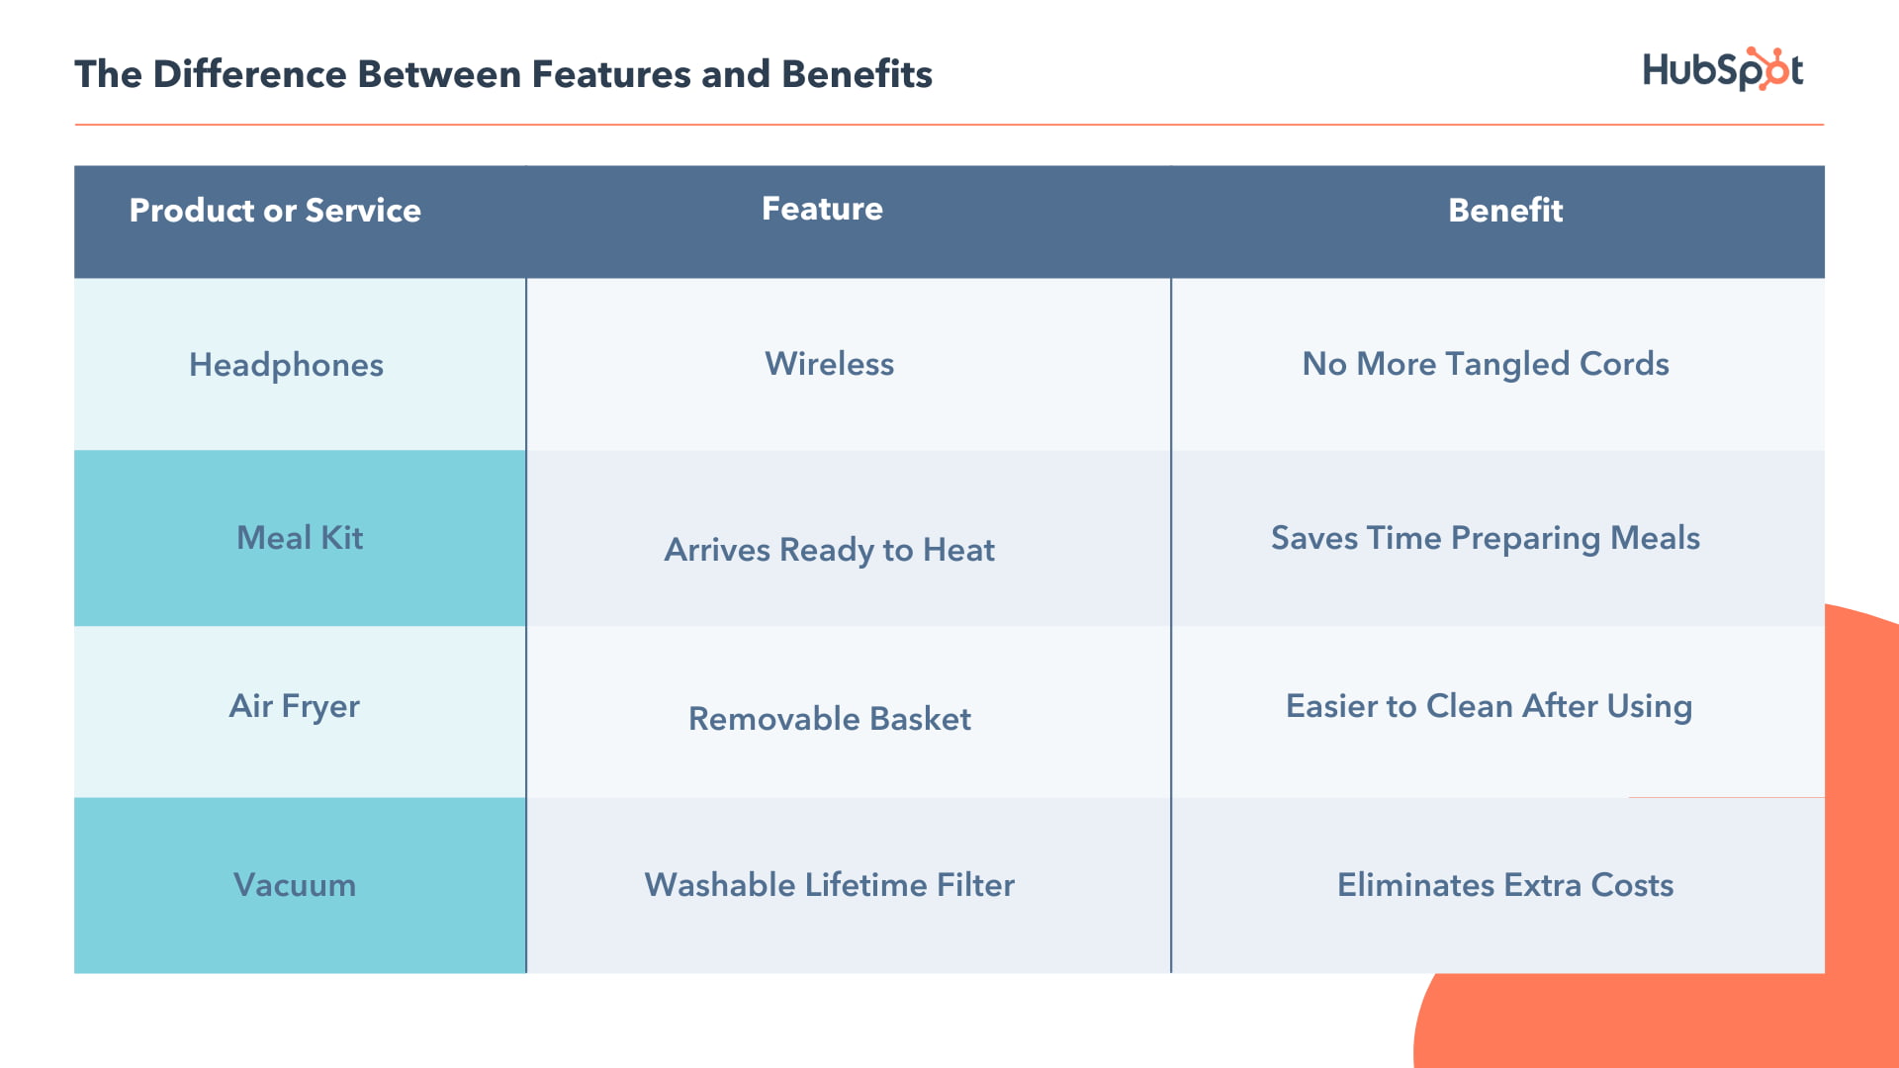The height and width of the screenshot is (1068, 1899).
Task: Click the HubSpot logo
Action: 1722,70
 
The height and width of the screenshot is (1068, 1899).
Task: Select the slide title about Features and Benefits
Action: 503,74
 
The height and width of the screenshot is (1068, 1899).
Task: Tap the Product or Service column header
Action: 275,210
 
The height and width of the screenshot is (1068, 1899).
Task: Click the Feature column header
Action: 822,209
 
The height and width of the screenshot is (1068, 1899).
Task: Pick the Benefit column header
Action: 1505,210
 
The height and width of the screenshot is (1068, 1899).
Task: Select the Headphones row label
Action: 286,365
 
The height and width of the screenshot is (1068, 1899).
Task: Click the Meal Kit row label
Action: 300,538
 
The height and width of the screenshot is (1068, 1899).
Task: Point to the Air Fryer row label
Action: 294,706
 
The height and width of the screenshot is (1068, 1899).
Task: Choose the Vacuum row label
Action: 294,885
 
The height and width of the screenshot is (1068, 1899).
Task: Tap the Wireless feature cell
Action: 829,364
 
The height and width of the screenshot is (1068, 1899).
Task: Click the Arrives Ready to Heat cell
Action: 829,550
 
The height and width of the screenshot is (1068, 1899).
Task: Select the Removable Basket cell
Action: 829,719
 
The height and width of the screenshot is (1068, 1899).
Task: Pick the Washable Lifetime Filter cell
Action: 829,885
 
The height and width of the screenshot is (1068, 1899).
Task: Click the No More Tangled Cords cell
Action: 1486,364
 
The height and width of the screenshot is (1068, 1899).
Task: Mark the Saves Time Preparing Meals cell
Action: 1486,538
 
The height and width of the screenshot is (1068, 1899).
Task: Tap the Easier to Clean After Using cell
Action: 1489,706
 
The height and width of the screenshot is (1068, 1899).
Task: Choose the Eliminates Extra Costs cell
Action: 1505,885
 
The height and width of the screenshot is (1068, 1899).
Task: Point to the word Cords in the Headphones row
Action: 1624,364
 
